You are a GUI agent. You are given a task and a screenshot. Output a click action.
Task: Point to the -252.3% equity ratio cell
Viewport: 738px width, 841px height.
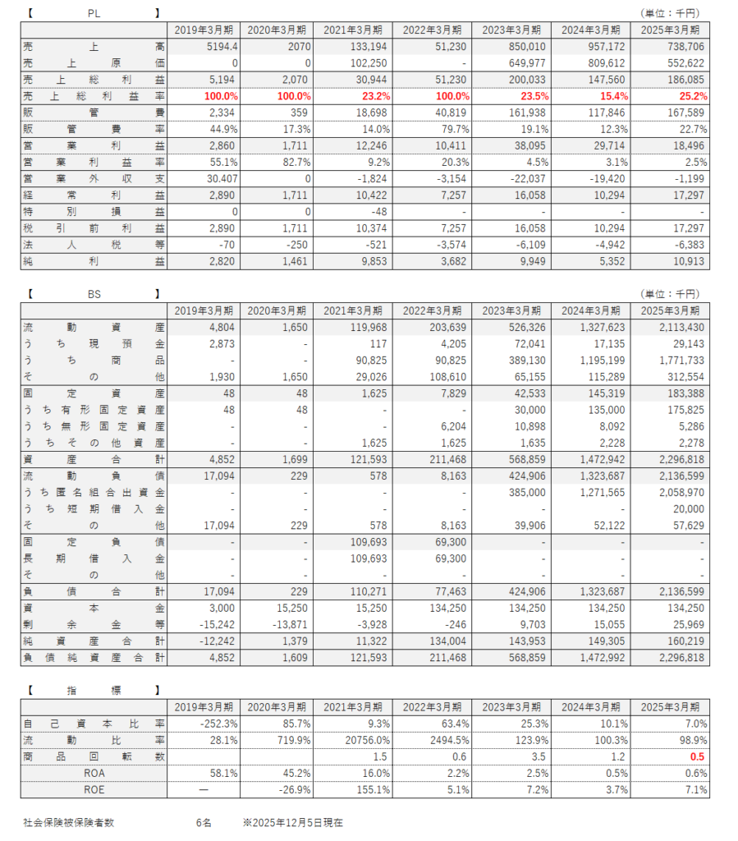(216, 724)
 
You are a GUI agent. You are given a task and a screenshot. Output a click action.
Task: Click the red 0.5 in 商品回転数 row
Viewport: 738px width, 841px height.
(699, 756)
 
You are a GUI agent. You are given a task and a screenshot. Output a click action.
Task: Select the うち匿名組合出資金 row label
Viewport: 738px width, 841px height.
(94, 492)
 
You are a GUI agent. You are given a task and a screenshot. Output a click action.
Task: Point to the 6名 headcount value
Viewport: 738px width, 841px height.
(204, 822)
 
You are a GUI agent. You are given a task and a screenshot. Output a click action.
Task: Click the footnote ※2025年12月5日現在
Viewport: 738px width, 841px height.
(293, 822)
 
